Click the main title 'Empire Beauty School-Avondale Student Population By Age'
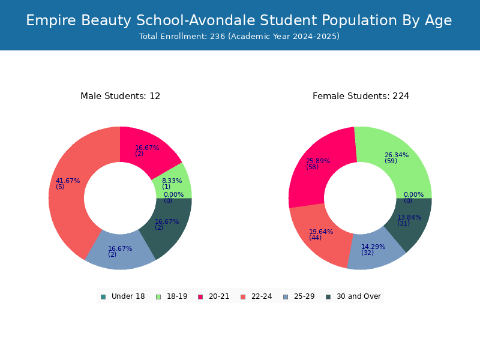coord(239,20)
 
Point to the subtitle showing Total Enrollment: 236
coord(239,37)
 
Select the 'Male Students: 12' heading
coord(121,96)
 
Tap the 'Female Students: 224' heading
coord(361,96)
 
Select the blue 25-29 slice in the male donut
coord(121,251)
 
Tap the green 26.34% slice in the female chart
coord(398,159)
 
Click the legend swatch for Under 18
coord(103,297)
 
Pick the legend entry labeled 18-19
coord(172,296)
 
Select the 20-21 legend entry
coord(214,296)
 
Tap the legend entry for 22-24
coord(256,296)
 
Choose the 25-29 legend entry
coord(299,296)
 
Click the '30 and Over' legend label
coord(359,296)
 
